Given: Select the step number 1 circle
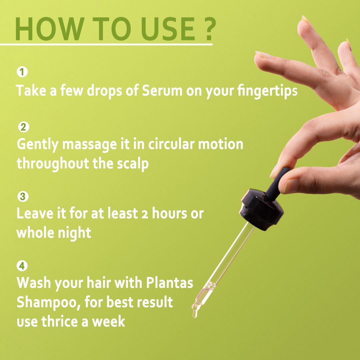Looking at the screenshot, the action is pos(22,72).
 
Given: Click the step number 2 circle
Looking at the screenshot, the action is pos(24,127).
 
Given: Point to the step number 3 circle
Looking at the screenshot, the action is pos(23,197).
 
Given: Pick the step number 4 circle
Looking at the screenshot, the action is pos(22,266).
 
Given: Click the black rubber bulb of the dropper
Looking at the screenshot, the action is pos(277,184).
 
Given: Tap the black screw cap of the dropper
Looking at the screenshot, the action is pos(262,209).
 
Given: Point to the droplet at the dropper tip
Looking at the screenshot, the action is pos(195,314).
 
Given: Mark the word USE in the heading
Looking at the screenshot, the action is pos(168,29).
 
